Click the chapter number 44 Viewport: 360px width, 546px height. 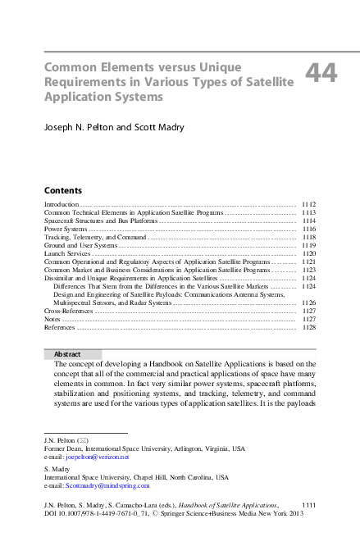click(x=321, y=74)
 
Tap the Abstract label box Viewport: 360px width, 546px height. click(x=72, y=354)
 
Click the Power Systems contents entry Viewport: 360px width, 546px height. click(x=65, y=229)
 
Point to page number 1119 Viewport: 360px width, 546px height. click(x=308, y=245)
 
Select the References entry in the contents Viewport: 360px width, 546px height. click(x=59, y=328)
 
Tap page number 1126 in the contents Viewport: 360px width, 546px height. click(x=308, y=303)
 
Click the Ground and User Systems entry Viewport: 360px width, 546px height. click(x=80, y=245)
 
